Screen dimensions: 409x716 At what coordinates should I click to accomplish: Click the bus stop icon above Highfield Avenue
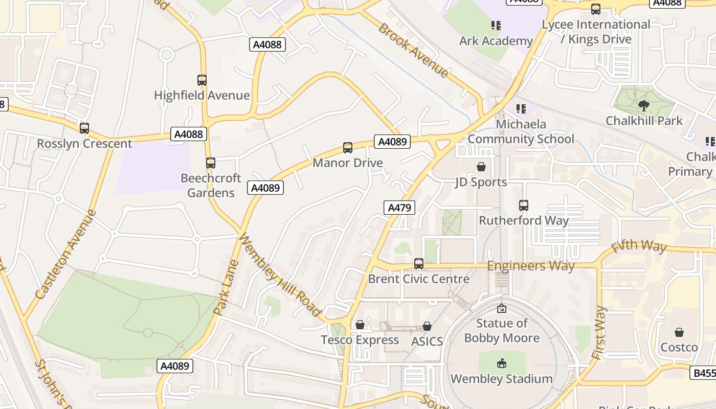click(x=202, y=80)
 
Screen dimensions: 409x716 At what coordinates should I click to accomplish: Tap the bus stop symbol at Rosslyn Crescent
click(x=84, y=128)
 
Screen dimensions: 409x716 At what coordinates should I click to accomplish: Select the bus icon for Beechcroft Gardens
click(x=211, y=163)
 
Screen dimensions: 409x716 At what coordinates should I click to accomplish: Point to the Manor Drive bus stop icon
click(x=348, y=148)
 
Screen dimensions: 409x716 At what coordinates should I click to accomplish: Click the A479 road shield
click(x=399, y=208)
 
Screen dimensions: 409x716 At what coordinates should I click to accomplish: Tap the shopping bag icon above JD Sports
click(x=481, y=167)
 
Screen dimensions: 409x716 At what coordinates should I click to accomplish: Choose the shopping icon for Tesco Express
click(x=360, y=325)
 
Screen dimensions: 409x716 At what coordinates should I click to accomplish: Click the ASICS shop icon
click(x=427, y=326)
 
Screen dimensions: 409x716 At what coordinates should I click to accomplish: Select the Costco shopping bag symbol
click(x=679, y=332)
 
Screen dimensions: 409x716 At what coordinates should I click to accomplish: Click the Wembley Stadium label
click(x=501, y=379)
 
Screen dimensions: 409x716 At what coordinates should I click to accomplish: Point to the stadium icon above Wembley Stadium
click(x=501, y=363)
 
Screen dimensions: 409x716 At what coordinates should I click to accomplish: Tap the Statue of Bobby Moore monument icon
click(x=502, y=308)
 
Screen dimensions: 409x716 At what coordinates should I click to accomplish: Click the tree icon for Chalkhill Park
click(x=644, y=106)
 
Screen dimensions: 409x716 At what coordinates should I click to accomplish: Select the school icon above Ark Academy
click(x=496, y=25)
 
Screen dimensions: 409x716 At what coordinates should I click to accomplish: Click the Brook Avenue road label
click(x=413, y=50)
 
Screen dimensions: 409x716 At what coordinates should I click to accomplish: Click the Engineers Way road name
click(x=530, y=266)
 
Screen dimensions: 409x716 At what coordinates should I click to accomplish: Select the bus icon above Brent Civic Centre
click(x=419, y=264)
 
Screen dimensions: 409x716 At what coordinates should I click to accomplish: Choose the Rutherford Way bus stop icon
click(x=524, y=206)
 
